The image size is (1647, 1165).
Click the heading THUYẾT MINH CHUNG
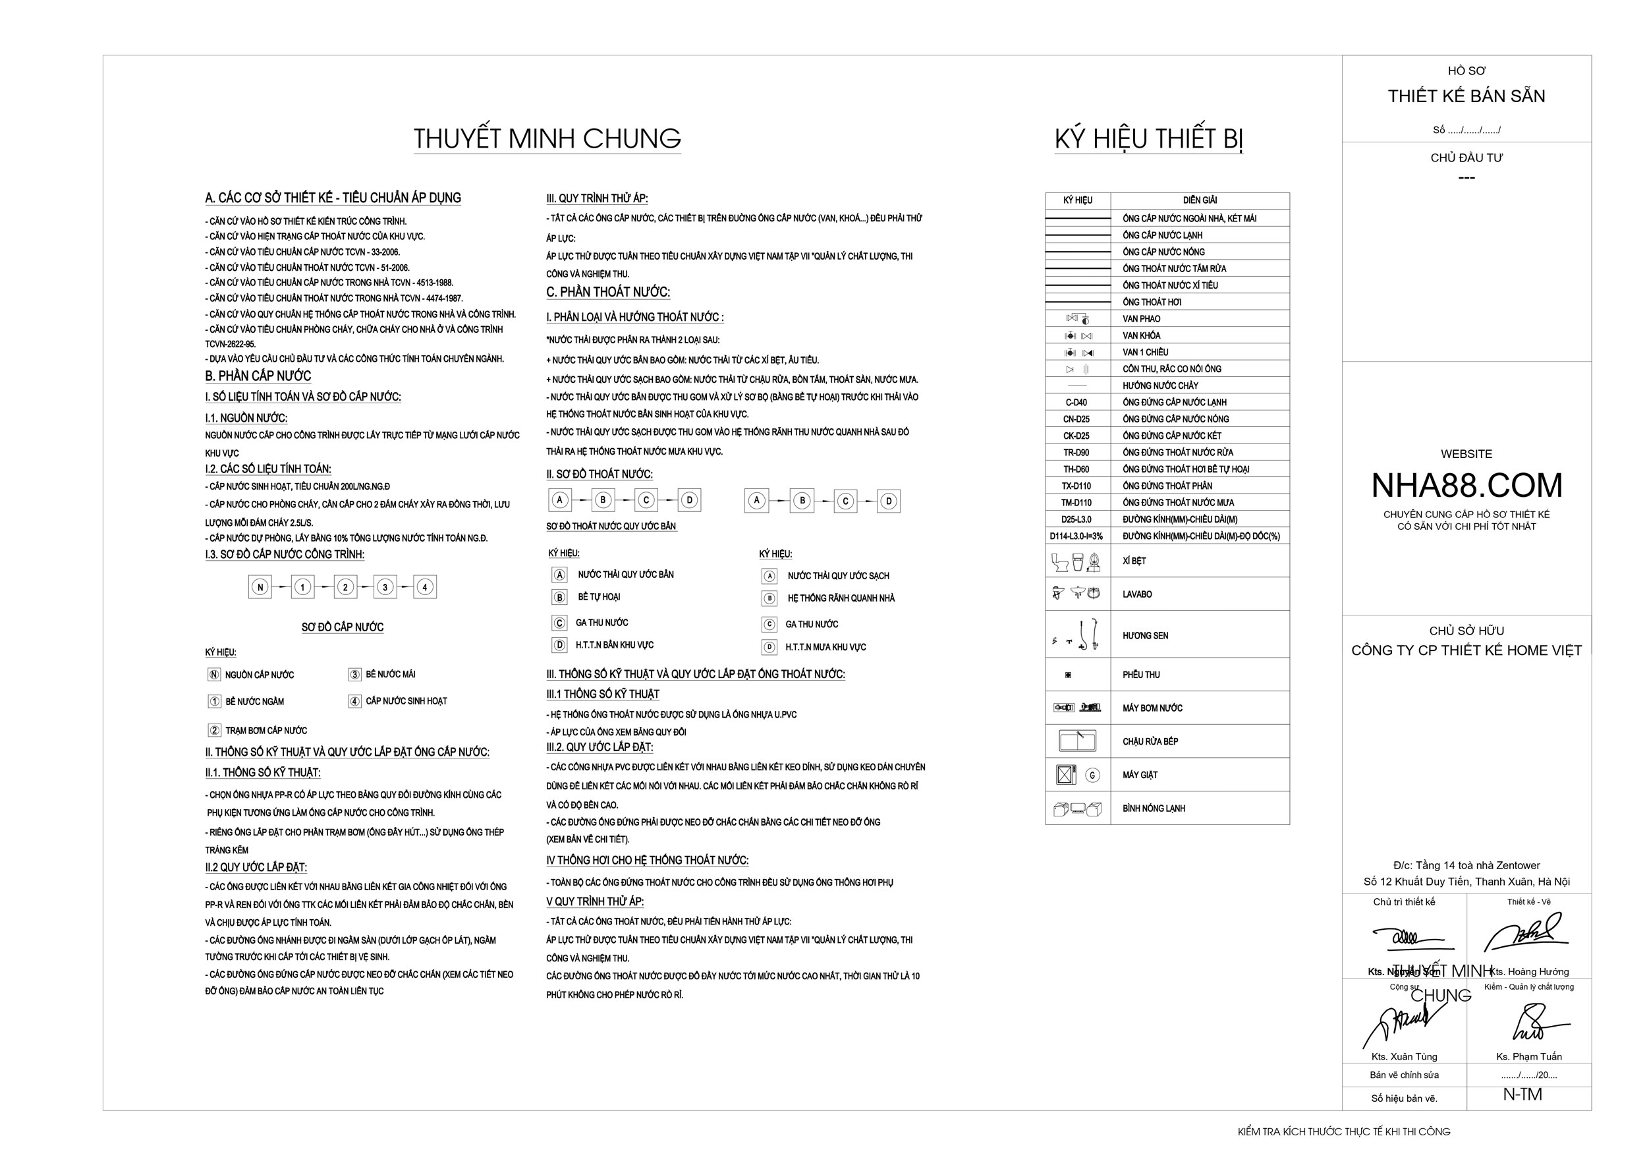547,138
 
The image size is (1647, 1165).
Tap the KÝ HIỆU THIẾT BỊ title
1148,138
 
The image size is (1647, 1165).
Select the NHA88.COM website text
1466,486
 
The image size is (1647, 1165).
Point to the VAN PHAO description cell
1141,318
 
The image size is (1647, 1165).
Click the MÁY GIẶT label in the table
1140,775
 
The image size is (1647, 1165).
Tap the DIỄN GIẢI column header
1200,200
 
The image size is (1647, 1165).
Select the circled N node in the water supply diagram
260,587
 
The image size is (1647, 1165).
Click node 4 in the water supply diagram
425,587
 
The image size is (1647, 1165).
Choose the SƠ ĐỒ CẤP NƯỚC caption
342,627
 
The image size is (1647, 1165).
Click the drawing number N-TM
1522,1094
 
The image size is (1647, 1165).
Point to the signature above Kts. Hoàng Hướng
1526,934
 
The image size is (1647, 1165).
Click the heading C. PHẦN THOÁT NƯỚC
607,292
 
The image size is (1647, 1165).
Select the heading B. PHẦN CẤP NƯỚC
258,376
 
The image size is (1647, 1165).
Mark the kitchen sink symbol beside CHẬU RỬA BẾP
1076,739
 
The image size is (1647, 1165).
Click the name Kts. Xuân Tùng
1404,1057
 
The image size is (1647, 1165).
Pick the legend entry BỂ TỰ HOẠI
599,597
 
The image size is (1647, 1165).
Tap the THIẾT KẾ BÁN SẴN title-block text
1466,96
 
